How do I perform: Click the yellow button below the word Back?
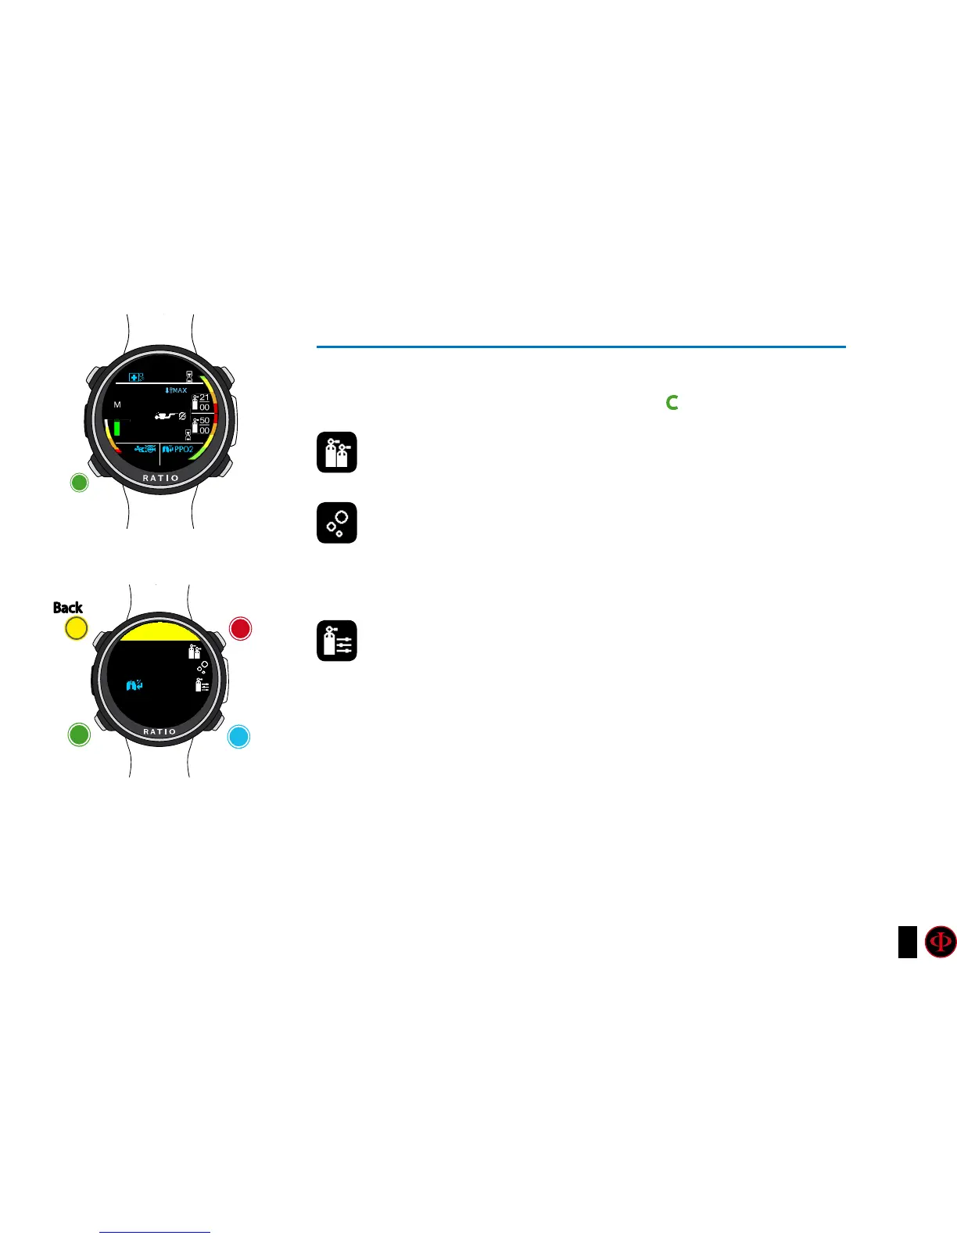[76, 628]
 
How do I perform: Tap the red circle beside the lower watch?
[240, 629]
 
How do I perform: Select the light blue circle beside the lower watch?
[238, 737]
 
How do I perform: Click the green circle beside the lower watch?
[79, 734]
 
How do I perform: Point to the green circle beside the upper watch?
[79, 483]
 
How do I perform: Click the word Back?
[68, 608]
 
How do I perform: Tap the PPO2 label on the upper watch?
[183, 450]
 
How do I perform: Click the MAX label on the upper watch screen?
[179, 390]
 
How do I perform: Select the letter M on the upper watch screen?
[117, 405]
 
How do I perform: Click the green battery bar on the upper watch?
[117, 427]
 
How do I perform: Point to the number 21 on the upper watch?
[204, 397]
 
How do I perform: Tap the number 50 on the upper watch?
[204, 421]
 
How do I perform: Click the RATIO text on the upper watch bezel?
[160, 478]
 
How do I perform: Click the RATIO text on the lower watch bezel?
[159, 732]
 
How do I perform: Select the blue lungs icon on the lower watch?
[135, 686]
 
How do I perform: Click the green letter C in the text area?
[672, 403]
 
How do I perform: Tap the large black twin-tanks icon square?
[337, 452]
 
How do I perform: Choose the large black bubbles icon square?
[337, 523]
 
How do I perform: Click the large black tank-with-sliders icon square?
[337, 641]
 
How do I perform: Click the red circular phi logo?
[941, 942]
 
